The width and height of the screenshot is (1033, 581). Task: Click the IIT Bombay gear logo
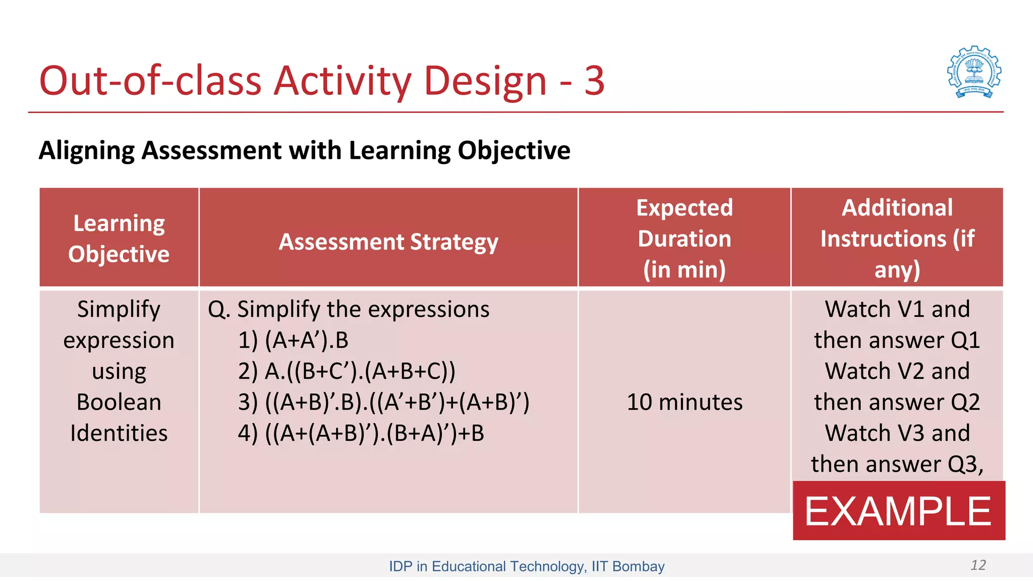click(974, 72)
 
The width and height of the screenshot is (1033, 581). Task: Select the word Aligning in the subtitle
click(86, 150)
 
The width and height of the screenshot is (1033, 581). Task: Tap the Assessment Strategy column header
click(388, 242)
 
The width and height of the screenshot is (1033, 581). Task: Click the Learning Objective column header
click(119, 238)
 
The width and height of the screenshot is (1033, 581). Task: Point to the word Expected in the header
click(684, 208)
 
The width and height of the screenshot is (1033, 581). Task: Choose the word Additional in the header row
click(897, 208)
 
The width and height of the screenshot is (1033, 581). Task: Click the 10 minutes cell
click(684, 402)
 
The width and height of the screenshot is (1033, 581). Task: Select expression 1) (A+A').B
click(293, 340)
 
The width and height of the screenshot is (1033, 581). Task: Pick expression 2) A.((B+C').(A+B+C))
click(347, 371)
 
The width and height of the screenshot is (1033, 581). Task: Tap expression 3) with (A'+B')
click(383, 402)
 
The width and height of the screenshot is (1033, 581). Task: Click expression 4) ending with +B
click(361, 433)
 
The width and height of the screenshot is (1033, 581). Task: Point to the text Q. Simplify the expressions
click(349, 309)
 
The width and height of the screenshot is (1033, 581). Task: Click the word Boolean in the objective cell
click(119, 402)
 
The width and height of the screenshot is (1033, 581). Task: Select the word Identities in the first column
click(119, 433)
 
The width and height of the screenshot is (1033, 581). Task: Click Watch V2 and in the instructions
click(897, 371)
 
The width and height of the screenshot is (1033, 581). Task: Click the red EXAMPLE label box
click(898, 510)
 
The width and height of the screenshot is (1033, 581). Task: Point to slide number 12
click(978, 565)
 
